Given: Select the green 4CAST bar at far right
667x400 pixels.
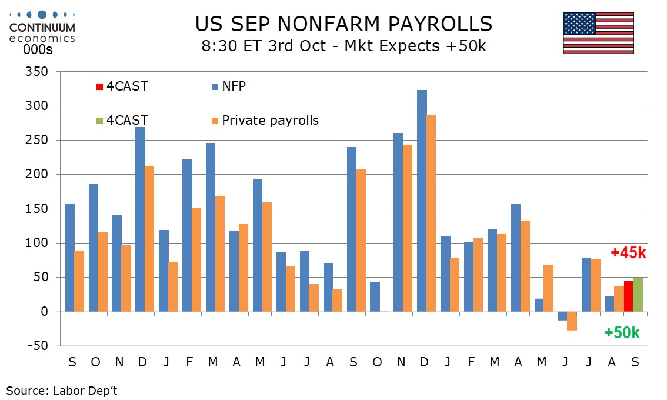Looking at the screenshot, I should [x=638, y=295].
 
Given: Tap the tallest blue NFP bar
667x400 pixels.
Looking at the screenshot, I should [x=422, y=201].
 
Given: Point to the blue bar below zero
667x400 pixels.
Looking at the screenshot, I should [x=563, y=316].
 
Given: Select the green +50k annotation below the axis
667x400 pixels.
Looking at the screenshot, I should [x=622, y=333].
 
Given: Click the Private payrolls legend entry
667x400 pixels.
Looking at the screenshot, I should [x=270, y=121].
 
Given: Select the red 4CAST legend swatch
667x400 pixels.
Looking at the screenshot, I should [x=99, y=87].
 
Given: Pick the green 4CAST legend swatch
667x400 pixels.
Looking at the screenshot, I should [x=99, y=121].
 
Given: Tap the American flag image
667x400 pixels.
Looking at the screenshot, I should [x=598, y=33].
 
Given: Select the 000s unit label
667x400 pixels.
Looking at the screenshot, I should [x=38, y=50].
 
